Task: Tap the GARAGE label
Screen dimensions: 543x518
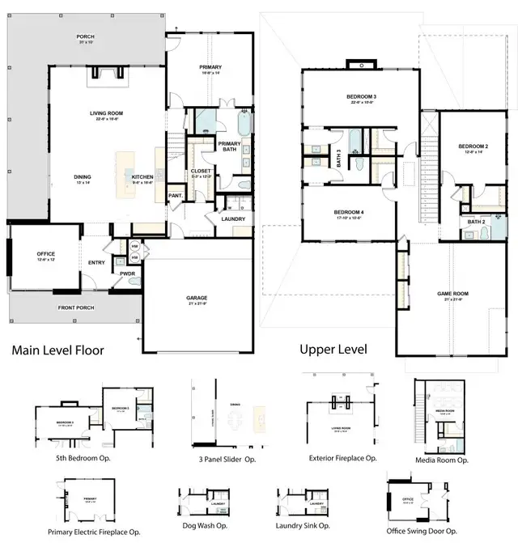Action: coord(197,298)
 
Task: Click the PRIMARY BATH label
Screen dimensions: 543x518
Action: coord(229,146)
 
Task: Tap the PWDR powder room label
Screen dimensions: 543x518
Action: coord(128,274)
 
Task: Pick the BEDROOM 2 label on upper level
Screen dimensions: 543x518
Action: coord(473,146)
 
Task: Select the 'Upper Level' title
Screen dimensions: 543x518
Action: coord(333,350)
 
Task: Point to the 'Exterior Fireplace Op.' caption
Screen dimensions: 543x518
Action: coord(343,457)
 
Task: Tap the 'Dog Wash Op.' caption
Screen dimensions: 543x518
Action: coord(202,524)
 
